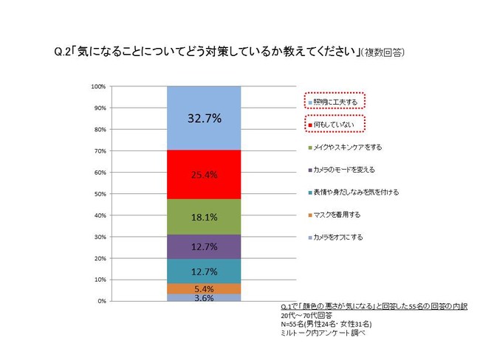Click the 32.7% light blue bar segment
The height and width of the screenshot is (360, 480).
204,118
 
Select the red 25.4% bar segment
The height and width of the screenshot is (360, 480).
204,175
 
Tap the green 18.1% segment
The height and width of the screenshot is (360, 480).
204,217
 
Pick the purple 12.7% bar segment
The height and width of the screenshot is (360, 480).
204,246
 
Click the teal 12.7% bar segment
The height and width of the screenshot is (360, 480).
204,271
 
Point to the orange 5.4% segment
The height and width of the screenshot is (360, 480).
204,288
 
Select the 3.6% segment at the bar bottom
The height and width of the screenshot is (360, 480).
204,298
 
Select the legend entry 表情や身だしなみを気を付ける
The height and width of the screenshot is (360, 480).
354,192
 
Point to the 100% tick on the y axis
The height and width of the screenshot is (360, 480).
98,86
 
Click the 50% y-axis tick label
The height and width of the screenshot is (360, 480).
100,194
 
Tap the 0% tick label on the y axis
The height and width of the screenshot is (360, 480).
101,302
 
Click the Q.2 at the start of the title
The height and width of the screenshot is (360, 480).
63,52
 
